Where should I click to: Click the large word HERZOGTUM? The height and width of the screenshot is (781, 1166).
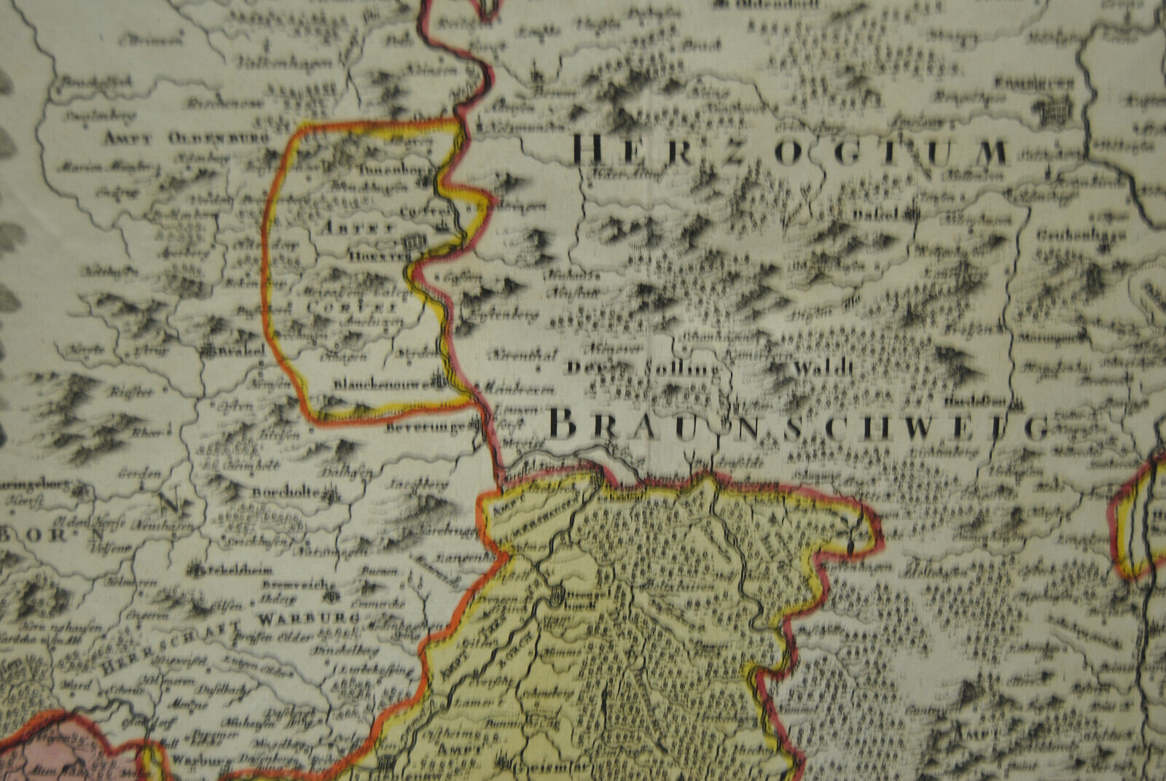791,152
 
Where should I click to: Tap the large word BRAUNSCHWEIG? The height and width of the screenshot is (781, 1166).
798,424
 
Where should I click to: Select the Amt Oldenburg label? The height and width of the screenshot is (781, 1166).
186,137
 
